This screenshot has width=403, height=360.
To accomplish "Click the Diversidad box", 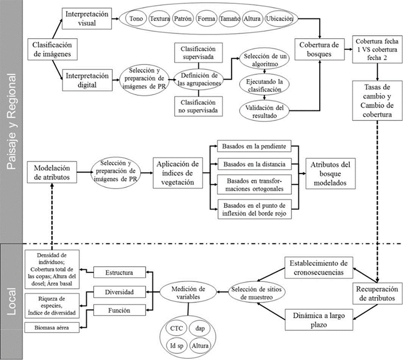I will [x=119, y=292].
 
